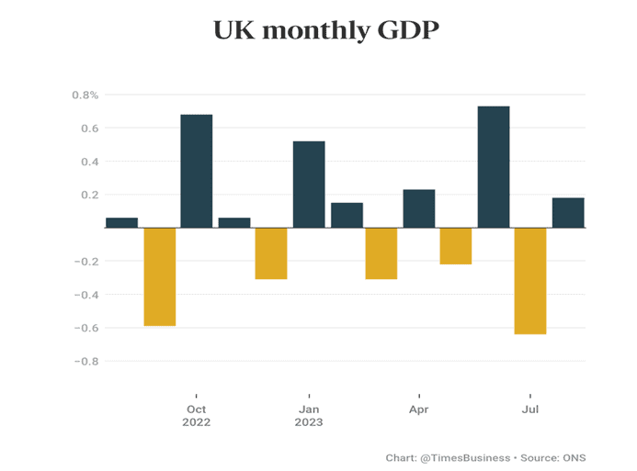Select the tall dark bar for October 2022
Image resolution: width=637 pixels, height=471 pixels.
197,171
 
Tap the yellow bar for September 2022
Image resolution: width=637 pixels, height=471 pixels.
160,276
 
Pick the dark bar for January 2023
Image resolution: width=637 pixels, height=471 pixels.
309,184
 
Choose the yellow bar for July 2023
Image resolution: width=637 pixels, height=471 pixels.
530,281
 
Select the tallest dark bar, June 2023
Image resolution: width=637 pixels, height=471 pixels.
494,167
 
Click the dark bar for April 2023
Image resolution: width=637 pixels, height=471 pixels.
419,208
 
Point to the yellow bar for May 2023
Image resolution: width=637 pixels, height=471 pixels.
456,246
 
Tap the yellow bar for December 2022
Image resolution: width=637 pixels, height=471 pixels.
271,253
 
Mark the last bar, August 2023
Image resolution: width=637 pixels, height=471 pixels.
568,212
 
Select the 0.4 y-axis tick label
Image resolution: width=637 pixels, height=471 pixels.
88,162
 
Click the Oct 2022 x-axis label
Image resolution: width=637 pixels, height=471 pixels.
197,416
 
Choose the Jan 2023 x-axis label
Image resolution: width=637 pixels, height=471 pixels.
309,416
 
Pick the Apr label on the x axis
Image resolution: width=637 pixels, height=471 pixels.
419,409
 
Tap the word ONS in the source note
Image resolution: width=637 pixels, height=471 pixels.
574,457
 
